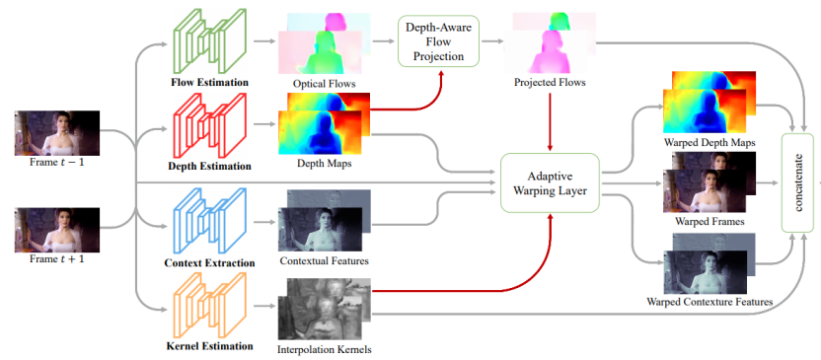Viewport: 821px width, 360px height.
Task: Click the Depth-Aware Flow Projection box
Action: coord(438,40)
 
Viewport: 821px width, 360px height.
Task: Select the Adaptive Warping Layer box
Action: coord(550,182)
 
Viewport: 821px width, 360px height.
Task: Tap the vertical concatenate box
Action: coord(799,182)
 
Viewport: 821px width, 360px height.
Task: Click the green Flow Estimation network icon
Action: coord(209,41)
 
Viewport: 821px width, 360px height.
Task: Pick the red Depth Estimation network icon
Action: coord(209,125)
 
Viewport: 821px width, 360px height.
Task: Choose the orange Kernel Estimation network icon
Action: coord(209,305)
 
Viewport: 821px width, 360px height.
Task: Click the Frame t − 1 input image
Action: coord(57,133)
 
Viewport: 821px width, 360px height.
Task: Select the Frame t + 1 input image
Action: coord(57,230)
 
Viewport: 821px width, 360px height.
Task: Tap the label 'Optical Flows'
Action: coord(324,83)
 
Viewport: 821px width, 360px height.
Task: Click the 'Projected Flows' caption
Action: coord(550,82)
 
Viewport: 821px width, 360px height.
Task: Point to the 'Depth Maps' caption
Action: coord(324,164)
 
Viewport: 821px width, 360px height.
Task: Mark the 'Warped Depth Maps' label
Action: coord(709,142)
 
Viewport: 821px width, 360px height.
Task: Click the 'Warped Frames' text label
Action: coord(709,221)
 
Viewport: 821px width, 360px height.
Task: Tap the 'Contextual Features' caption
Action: coord(324,260)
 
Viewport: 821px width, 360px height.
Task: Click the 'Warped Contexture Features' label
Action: coord(709,302)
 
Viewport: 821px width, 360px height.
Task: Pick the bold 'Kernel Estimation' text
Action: coord(209,346)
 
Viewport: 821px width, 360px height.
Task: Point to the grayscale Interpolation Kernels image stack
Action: coord(324,309)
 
